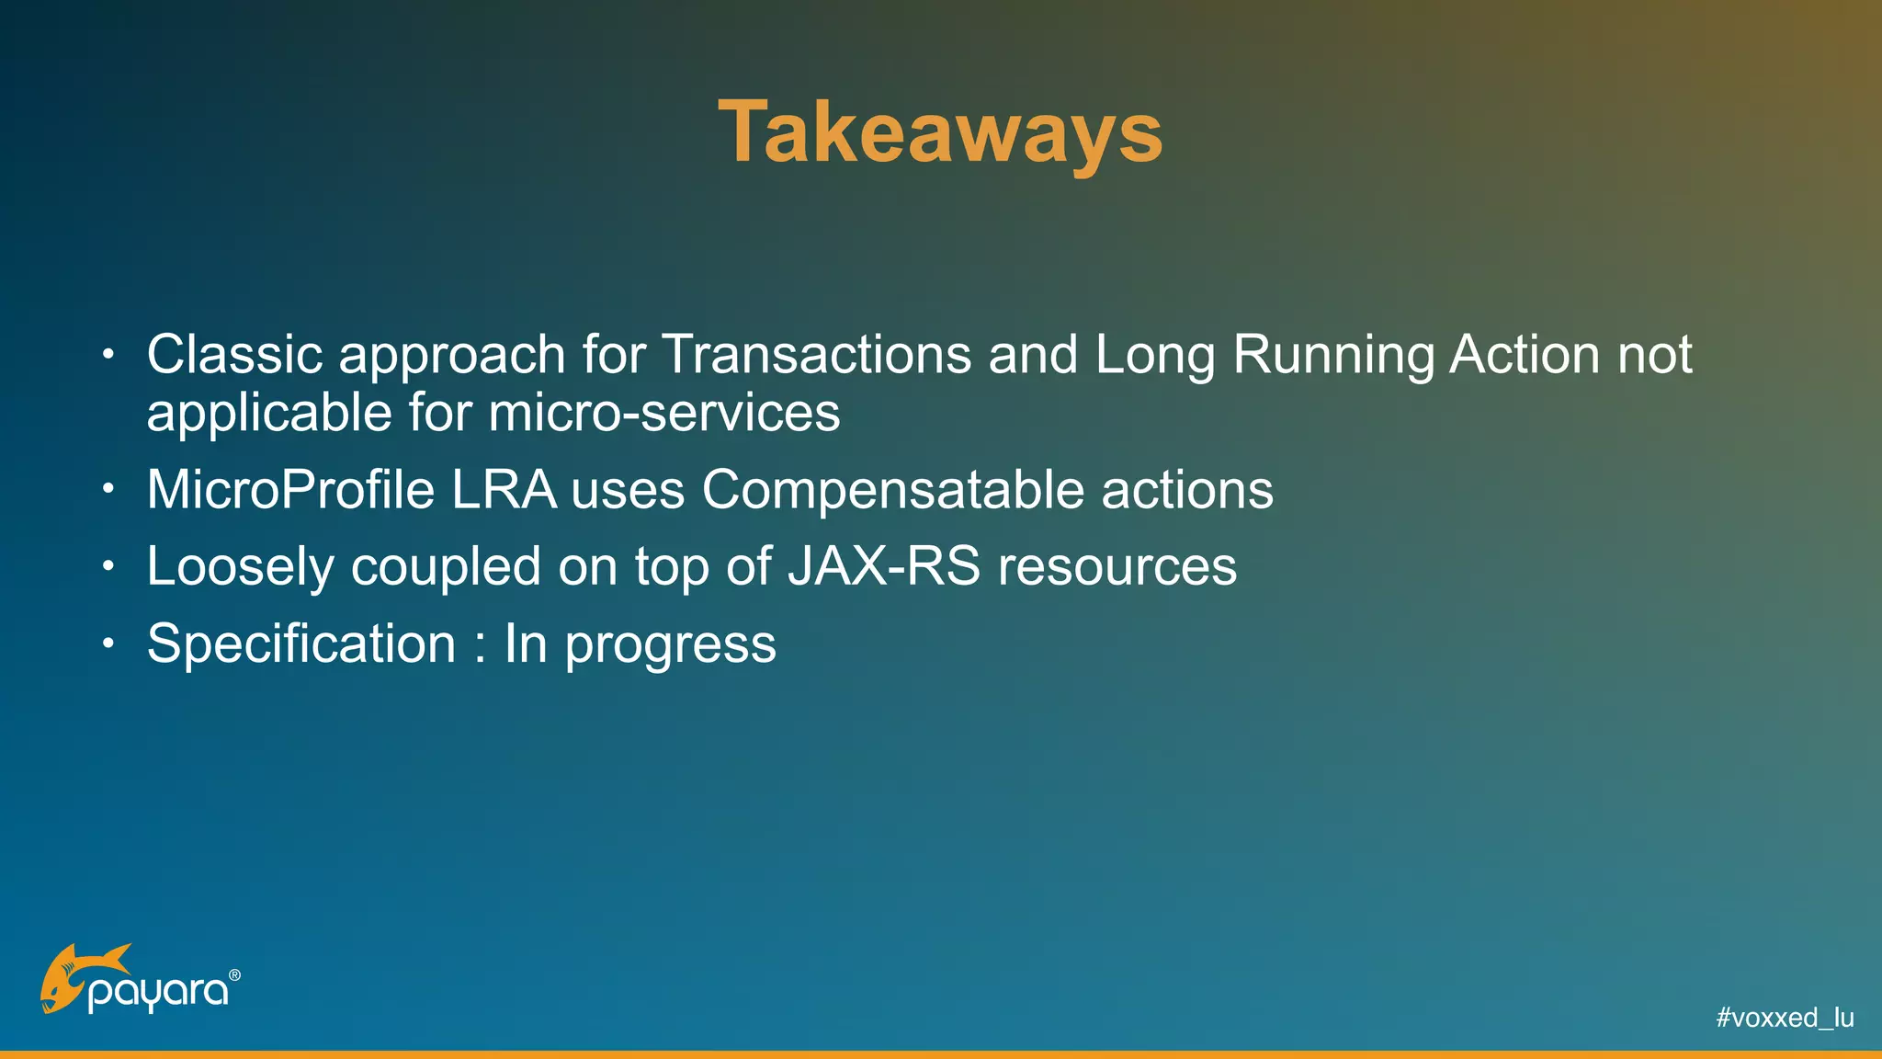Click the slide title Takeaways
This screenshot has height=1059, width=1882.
click(940, 133)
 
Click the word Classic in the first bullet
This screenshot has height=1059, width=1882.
click(234, 355)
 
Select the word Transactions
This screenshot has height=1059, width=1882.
click(816, 355)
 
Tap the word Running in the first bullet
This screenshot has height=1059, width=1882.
click(1332, 355)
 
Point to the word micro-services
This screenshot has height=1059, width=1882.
click(663, 413)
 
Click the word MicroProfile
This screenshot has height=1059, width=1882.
click(290, 490)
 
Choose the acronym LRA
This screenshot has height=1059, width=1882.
click(504, 490)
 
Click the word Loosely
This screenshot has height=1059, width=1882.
click(241, 567)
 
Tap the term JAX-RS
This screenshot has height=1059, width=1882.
click(884, 566)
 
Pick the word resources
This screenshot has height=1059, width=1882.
click(1117, 567)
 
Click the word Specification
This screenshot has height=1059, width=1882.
click(301, 643)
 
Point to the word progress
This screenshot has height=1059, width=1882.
click(670, 645)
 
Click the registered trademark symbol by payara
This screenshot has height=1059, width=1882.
click(234, 974)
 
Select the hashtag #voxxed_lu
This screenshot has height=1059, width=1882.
click(1785, 1018)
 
